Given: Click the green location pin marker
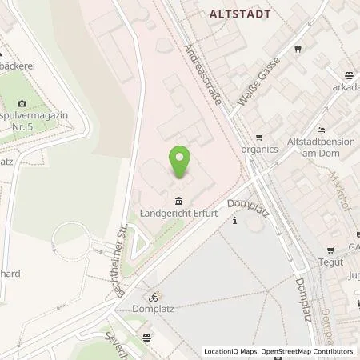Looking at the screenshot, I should (x=181, y=162).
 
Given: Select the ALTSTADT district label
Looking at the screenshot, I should (x=239, y=14).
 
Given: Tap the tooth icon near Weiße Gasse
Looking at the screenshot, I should (x=297, y=47).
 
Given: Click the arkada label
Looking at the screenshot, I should (x=346, y=90).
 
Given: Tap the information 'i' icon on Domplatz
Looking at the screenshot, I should (x=234, y=222).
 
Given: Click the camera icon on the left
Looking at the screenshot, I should (x=22, y=104).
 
